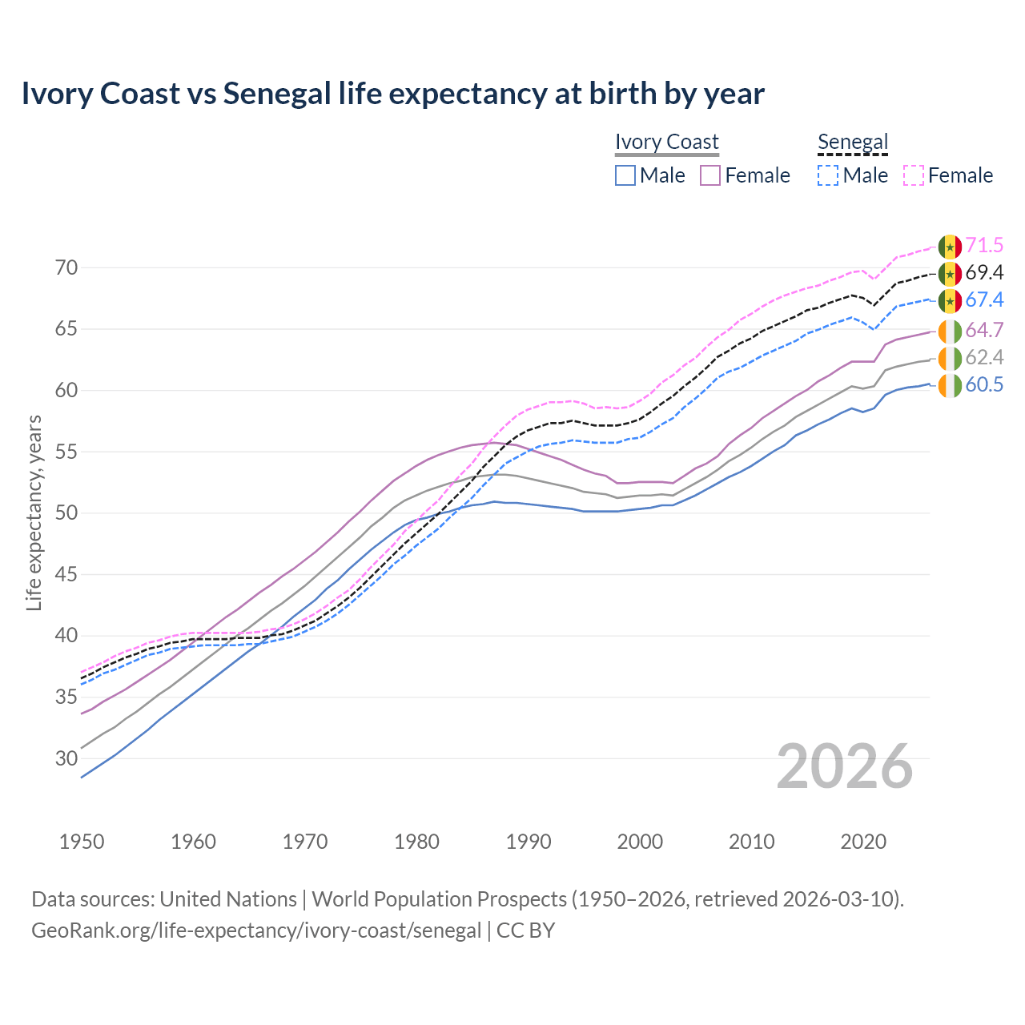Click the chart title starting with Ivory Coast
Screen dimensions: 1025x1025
coord(392,94)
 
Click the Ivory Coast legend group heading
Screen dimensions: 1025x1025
coord(666,142)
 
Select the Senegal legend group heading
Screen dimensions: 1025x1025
coord(853,142)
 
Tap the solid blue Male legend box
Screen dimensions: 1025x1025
coord(625,175)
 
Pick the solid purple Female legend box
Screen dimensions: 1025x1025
coord(710,175)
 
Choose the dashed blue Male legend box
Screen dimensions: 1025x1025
coord(828,175)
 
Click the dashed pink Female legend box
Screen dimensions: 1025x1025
coord(914,175)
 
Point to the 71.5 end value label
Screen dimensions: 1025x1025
coord(984,245)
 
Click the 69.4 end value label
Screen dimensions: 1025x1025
coord(984,273)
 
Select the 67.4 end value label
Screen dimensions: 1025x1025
coord(984,299)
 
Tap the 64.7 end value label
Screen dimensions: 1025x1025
coord(984,330)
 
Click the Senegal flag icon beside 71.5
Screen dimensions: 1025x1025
coord(950,246)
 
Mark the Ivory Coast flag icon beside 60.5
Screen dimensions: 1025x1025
coord(950,385)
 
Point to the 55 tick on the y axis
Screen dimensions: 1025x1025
coord(67,452)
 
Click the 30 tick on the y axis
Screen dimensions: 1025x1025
coord(67,758)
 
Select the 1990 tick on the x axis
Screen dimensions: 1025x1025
coord(529,842)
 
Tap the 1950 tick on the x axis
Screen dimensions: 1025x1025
coord(82,842)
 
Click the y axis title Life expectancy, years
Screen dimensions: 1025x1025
coord(34,512)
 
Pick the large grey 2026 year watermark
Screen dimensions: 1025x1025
coord(845,766)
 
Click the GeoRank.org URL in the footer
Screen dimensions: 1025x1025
coord(256,931)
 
